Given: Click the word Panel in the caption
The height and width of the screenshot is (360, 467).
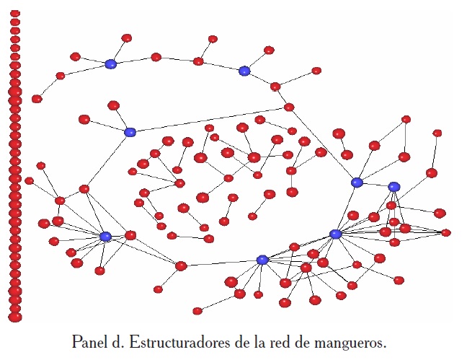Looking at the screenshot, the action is [x=89, y=341].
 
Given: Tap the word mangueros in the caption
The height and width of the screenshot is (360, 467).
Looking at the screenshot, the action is [x=350, y=341].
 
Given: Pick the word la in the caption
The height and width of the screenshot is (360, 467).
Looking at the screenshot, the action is [x=264, y=341].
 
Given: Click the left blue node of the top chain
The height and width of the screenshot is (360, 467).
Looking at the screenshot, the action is [x=110, y=64].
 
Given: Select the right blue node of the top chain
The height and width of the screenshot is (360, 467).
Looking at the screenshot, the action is [x=244, y=71].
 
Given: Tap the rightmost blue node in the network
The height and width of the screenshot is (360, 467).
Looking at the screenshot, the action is [x=393, y=187].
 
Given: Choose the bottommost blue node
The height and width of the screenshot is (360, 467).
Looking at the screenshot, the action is [x=262, y=260].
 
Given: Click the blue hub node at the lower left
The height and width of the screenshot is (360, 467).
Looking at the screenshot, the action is [x=105, y=237].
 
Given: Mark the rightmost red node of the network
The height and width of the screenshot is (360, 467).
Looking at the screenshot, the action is [x=446, y=232].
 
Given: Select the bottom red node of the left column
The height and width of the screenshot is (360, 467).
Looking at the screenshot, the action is [x=15, y=317].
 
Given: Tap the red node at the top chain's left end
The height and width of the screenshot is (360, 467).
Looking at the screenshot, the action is [x=37, y=99].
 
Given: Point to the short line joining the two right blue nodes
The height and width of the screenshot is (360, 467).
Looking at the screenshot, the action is [x=375, y=185].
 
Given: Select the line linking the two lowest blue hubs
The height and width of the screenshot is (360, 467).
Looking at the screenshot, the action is [x=299, y=247].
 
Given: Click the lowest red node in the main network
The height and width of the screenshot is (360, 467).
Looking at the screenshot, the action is [x=197, y=311].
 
